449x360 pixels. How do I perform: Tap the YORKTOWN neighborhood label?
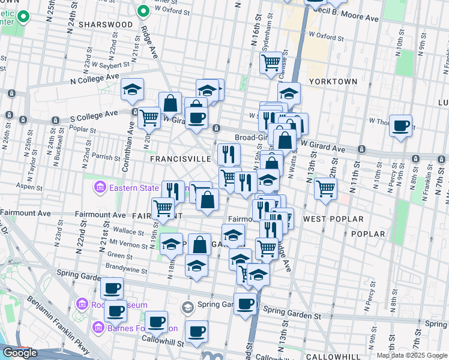pyautogui.click(x=333, y=81)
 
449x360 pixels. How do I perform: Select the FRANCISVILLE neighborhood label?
pyautogui.click(x=180, y=159)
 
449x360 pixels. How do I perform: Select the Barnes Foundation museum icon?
pyautogui.click(x=98, y=328)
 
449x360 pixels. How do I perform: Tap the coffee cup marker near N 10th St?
pyautogui.click(x=400, y=125)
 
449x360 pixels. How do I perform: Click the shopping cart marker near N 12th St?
pyautogui.click(x=325, y=188)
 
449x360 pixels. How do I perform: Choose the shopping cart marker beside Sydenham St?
pyautogui.click(x=271, y=61)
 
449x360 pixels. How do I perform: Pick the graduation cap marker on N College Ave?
pyautogui.click(x=132, y=89)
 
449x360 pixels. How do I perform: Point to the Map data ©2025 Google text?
pyautogui.click(x=411, y=355)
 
